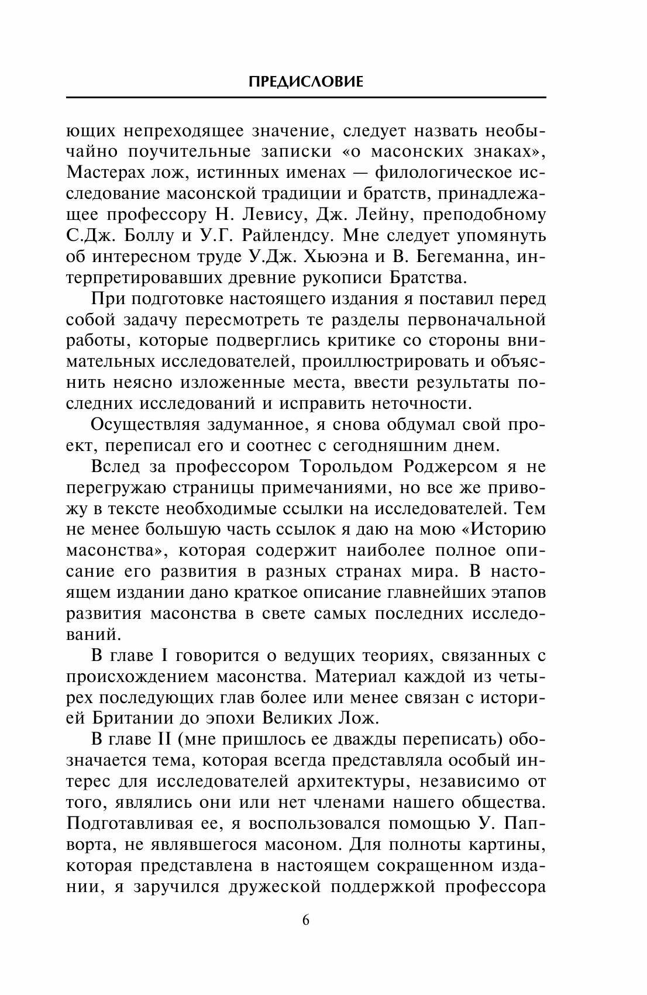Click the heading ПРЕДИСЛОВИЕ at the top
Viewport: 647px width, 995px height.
(x=306, y=82)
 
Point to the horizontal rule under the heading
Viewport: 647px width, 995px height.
(x=306, y=97)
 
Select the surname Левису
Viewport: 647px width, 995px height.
(x=273, y=215)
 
